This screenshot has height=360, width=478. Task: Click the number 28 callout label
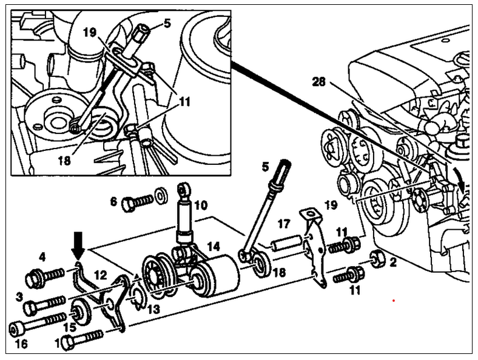coord(318,82)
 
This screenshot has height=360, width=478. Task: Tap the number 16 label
coord(21,344)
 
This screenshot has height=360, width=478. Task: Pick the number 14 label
coord(213,246)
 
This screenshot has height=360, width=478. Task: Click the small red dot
coord(394,301)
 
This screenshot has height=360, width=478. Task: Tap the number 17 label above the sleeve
coord(283,224)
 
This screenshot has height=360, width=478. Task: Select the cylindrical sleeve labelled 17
coord(286,242)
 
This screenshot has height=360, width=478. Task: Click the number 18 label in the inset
coord(64,160)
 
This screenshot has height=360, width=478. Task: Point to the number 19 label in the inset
coord(90,32)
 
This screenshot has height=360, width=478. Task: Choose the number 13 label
coord(153,309)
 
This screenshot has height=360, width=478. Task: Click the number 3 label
coord(19,297)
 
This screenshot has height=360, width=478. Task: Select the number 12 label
coord(101,275)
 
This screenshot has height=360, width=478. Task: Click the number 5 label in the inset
coord(167,23)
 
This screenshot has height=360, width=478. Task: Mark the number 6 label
coord(113,201)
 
